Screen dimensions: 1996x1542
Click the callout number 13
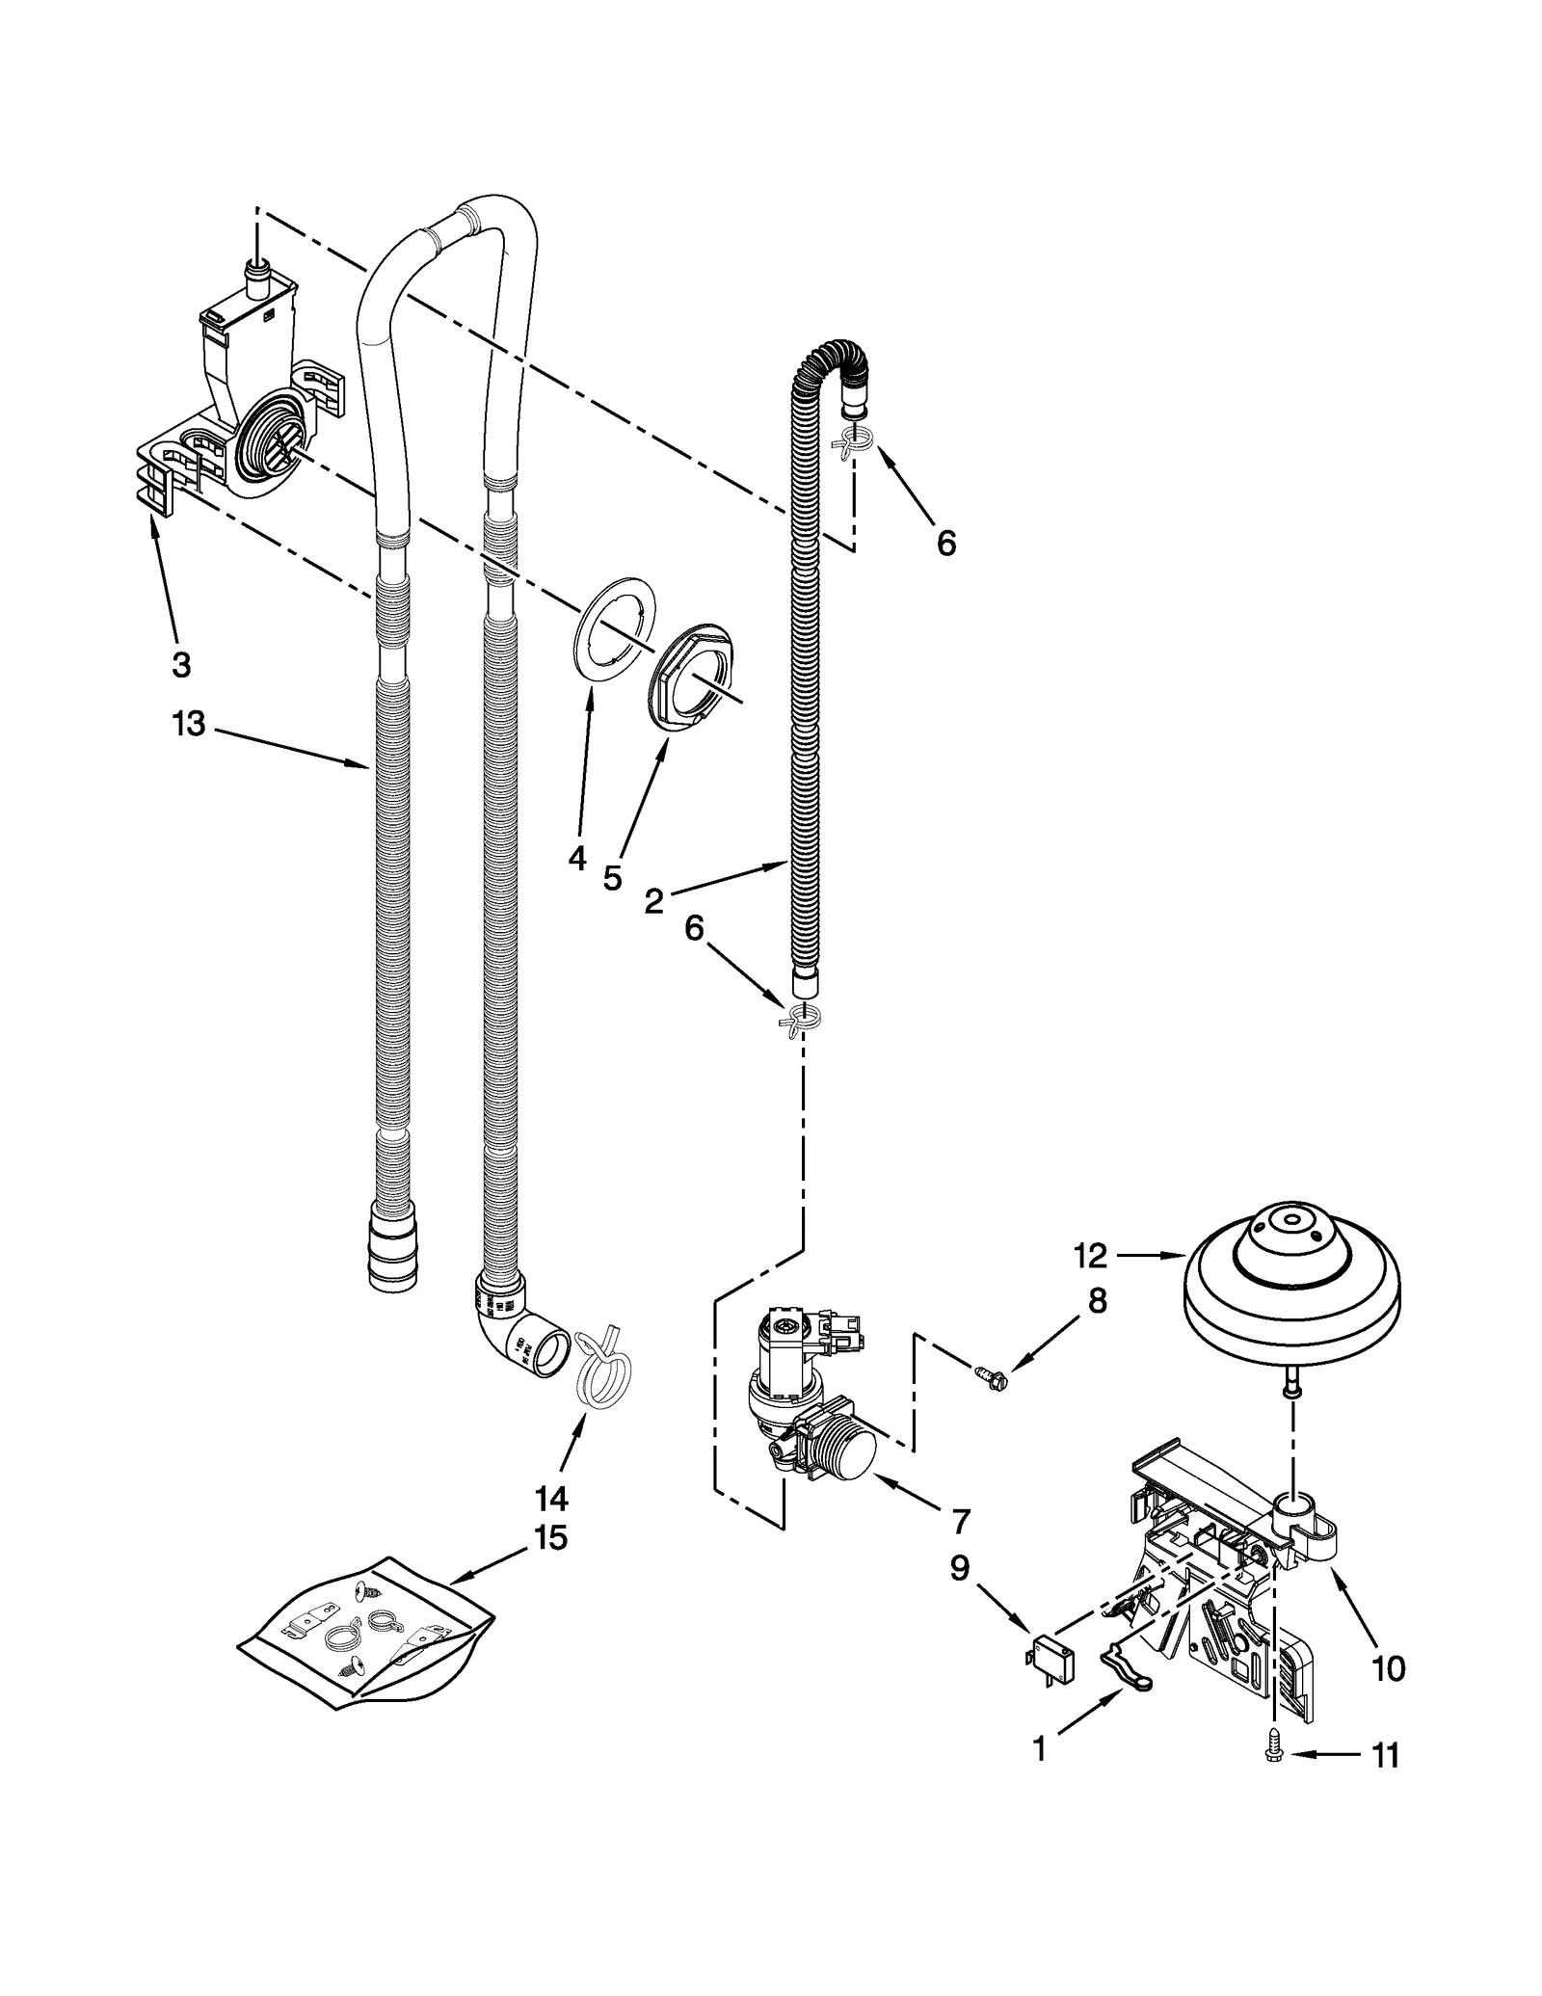(x=189, y=723)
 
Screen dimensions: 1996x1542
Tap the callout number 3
(x=181, y=663)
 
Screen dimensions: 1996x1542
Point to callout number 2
(x=653, y=902)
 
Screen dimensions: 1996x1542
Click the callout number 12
(x=1091, y=1256)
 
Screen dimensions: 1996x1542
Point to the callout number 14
(x=551, y=1499)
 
